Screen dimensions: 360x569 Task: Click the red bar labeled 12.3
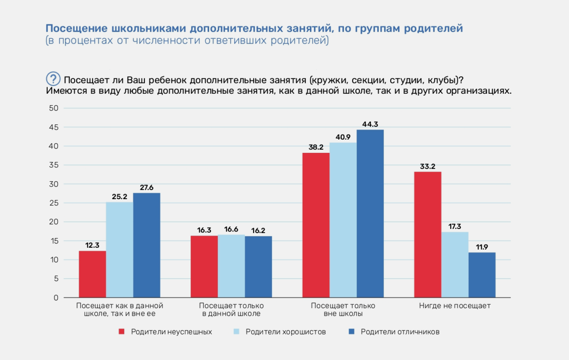92,274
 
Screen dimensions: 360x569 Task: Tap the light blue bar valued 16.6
231,266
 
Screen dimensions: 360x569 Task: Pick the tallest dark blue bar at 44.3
370,213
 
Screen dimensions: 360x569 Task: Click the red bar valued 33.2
427,234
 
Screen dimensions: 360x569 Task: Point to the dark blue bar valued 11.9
482,275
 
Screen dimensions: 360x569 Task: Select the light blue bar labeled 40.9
343,220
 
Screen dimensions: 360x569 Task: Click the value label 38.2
316,147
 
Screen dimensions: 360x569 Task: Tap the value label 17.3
454,226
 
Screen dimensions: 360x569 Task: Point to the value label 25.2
119,197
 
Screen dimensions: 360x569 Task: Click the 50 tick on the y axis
54,108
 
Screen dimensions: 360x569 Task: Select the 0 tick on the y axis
56,298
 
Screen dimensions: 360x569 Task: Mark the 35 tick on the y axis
54,165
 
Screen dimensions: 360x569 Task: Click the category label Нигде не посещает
454,306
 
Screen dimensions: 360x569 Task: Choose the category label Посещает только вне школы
343,309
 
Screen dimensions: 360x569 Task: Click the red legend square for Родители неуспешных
122,332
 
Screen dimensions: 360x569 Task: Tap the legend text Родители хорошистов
286,332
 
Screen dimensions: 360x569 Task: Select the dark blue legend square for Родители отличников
352,332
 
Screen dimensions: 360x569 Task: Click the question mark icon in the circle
53,79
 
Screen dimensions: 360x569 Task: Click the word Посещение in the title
76,28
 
